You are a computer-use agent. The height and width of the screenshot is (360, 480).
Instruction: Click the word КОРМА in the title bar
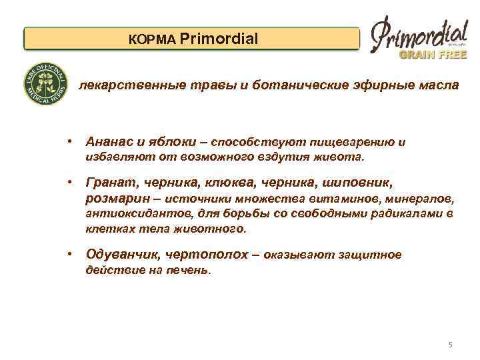(152, 39)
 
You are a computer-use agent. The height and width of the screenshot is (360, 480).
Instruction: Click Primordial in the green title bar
(218, 39)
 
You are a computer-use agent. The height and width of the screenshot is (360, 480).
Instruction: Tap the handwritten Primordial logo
(418, 33)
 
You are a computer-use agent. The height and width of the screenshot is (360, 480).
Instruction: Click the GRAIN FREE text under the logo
(433, 55)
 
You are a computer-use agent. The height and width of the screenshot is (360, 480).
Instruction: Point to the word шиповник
(354, 183)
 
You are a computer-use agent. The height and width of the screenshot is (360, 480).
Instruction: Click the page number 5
(450, 345)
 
